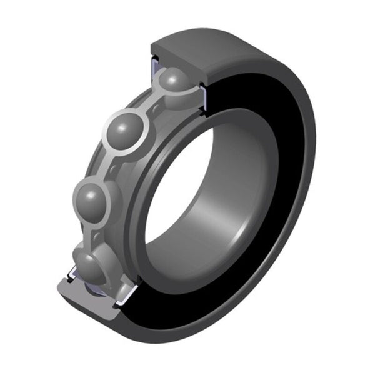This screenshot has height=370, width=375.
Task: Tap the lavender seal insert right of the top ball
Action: click(x=203, y=100)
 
